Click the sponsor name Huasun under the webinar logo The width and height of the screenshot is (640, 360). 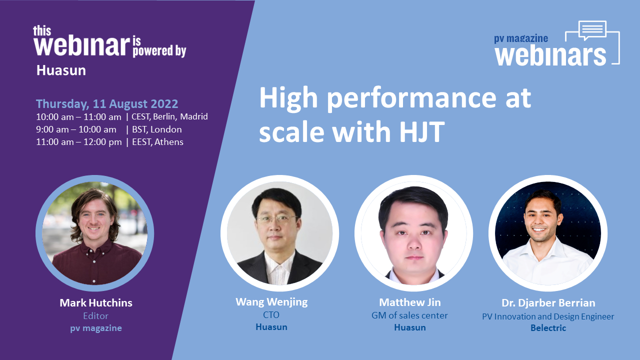click(x=61, y=70)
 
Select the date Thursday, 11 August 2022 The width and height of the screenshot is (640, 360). click(x=107, y=103)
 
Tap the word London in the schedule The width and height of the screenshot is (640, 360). click(x=166, y=129)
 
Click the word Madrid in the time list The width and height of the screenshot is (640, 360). click(x=194, y=116)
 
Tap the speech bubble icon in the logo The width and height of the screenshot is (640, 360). click(x=592, y=30)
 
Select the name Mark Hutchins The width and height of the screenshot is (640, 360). click(x=96, y=303)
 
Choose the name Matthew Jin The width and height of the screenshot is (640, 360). click(x=409, y=302)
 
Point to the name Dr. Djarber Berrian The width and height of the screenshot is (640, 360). click(x=548, y=303)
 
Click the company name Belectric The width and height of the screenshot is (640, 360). click(x=548, y=328)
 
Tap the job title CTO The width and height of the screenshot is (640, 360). click(x=271, y=315)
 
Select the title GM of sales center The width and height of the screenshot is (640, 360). click(x=409, y=315)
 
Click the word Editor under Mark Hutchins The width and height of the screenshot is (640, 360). click(x=95, y=316)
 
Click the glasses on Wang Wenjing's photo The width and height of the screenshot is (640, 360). click(x=276, y=219)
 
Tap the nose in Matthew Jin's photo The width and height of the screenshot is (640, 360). click(x=413, y=242)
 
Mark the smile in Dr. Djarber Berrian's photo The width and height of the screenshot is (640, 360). click(x=539, y=229)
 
